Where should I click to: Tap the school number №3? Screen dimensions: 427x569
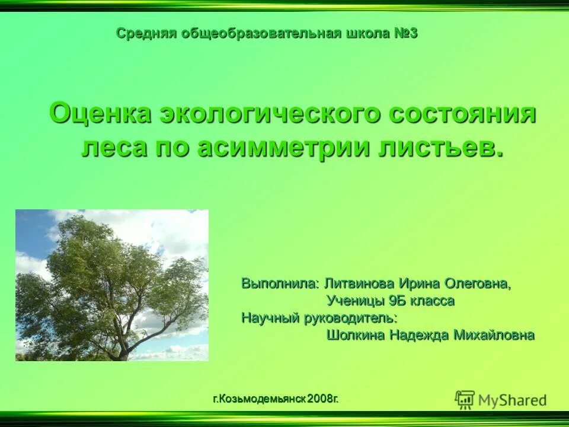tap(406, 33)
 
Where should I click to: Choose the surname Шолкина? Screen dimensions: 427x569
tap(355, 335)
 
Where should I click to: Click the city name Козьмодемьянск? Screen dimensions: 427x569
tap(261, 399)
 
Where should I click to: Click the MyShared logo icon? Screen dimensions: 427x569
tap(465, 400)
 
